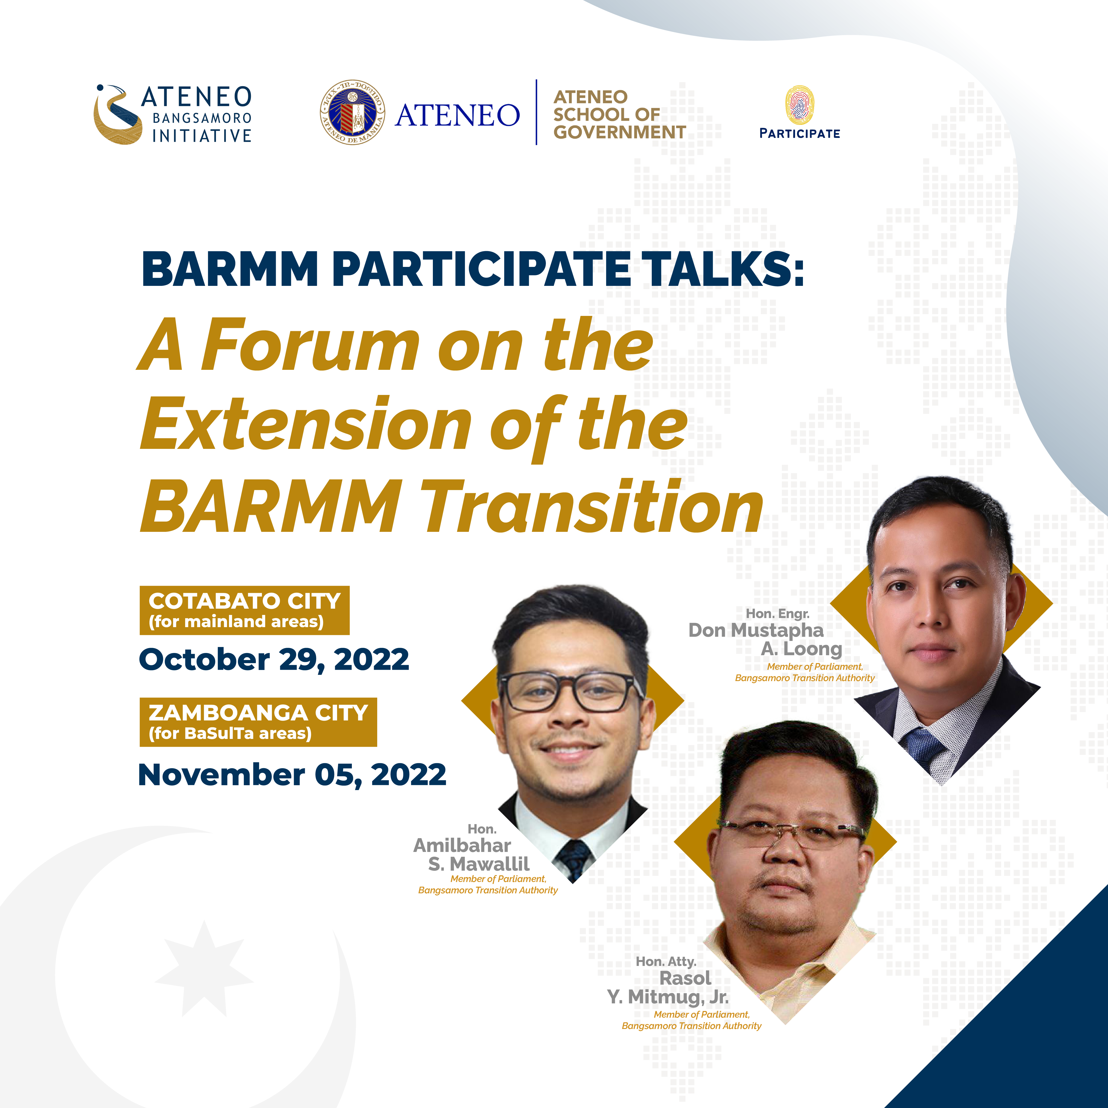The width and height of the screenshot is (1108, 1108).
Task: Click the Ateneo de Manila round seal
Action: [x=352, y=113]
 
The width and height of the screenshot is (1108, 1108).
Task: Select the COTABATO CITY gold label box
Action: [x=244, y=610]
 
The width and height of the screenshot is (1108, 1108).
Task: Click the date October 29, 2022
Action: [x=274, y=659]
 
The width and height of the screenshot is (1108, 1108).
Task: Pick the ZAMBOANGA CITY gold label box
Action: [x=258, y=722]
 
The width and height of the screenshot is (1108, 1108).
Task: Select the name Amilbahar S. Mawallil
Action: [x=472, y=854]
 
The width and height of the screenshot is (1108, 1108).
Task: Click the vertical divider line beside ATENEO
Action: [x=536, y=113]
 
